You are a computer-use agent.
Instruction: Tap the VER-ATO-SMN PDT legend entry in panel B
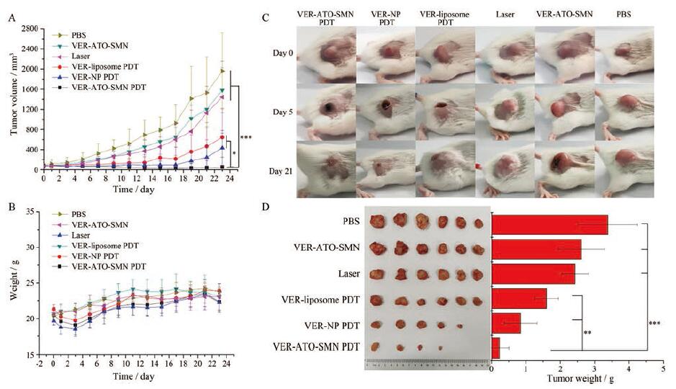107,267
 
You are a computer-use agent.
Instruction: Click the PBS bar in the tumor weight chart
549,225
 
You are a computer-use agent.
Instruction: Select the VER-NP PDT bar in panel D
505,323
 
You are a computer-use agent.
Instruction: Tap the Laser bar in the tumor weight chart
533,274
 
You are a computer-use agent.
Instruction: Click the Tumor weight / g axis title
576,377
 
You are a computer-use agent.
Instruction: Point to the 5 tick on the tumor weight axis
662,367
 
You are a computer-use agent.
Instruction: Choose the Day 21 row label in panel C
279,171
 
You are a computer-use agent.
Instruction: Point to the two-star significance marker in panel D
587,333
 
